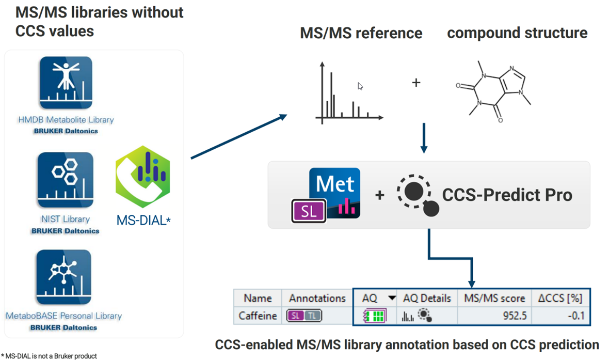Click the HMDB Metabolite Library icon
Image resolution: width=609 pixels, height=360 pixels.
66,83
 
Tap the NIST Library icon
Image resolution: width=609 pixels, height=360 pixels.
66,180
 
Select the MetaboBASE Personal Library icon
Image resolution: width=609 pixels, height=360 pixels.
64,277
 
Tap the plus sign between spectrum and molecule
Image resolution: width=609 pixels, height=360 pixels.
416,83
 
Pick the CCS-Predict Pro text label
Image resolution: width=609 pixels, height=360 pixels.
507,195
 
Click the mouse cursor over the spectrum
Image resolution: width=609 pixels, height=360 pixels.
360,86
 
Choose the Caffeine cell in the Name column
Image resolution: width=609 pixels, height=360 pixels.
258,315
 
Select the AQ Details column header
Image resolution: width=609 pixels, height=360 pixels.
427,298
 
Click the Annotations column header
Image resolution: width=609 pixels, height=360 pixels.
317,298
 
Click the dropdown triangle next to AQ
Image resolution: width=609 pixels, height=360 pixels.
392,298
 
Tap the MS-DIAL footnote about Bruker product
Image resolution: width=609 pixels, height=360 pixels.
49,356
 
